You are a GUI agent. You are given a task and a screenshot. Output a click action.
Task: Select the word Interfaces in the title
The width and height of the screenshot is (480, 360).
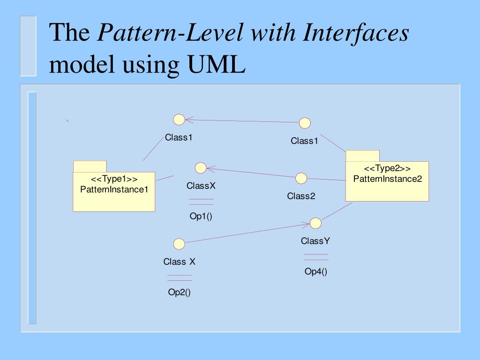coord(356,34)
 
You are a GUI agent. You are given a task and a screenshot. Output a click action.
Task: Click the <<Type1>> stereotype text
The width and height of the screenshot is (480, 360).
coord(114,180)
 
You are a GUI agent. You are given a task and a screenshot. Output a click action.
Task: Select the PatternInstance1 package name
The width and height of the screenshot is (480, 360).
coord(114,189)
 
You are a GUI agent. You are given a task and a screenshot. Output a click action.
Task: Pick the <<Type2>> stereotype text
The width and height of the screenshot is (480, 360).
coord(387,169)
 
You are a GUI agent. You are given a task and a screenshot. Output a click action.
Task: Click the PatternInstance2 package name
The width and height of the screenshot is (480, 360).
coord(387,179)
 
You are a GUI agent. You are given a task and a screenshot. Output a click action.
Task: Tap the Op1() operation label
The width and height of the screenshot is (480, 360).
coord(201,217)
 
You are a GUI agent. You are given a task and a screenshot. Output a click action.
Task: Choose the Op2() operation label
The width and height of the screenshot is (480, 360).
coord(180,292)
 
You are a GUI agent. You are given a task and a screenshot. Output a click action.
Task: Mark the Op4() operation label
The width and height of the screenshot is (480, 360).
coord(316,272)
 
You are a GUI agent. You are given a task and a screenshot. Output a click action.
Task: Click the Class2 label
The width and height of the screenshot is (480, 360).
coord(301,196)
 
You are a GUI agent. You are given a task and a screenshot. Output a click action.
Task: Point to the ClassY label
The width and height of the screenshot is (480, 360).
coord(315,241)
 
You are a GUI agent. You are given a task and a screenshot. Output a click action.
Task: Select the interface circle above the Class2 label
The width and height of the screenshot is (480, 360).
coord(301,178)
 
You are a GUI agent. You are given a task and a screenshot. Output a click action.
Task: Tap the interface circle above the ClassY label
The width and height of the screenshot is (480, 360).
coord(315,222)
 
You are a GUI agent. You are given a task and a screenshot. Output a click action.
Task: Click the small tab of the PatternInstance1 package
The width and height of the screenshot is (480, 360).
coord(90,166)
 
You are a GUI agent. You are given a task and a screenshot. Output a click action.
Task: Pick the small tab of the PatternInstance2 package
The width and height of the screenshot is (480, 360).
coord(362,156)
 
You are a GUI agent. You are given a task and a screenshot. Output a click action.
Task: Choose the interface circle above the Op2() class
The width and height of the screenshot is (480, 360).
coord(179,244)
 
